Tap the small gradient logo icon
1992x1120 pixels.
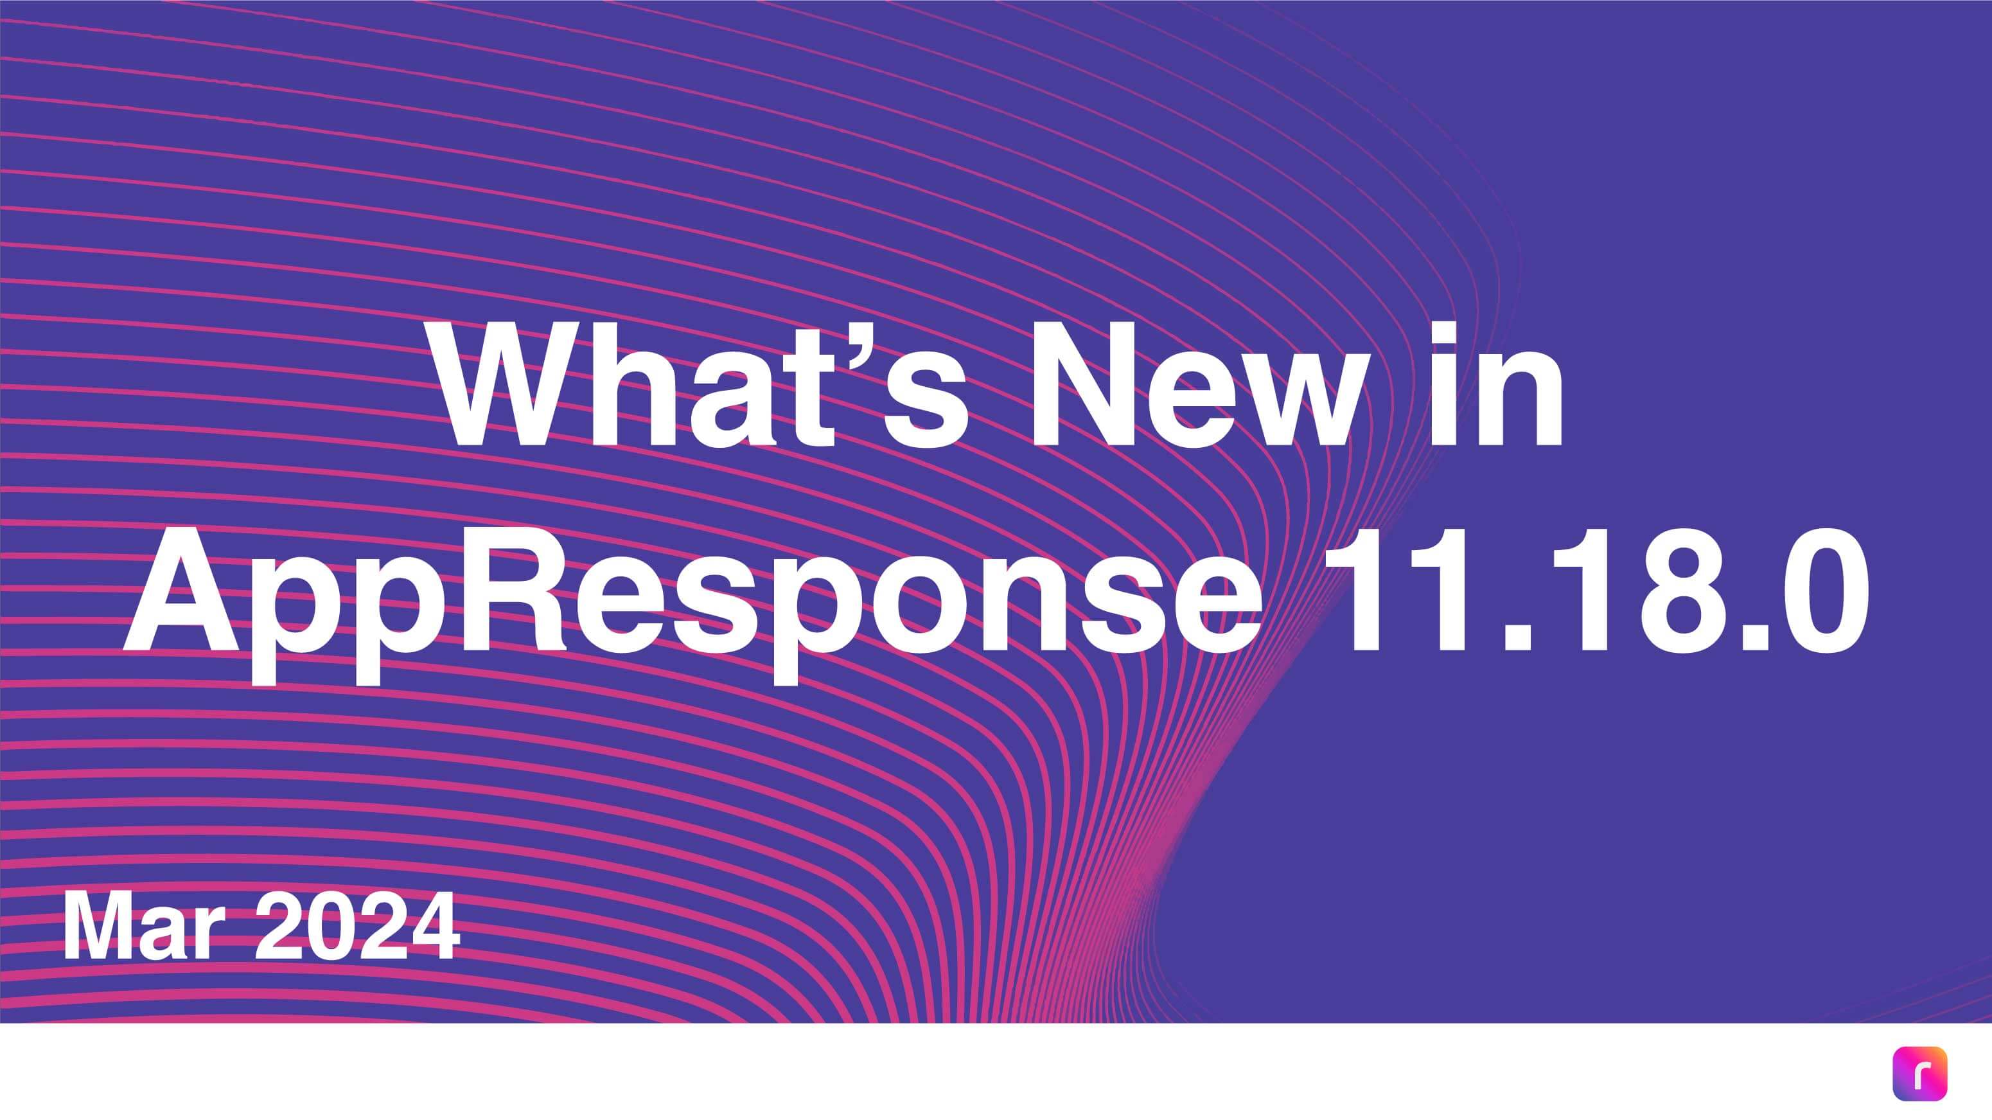pyautogui.click(x=1919, y=1074)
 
